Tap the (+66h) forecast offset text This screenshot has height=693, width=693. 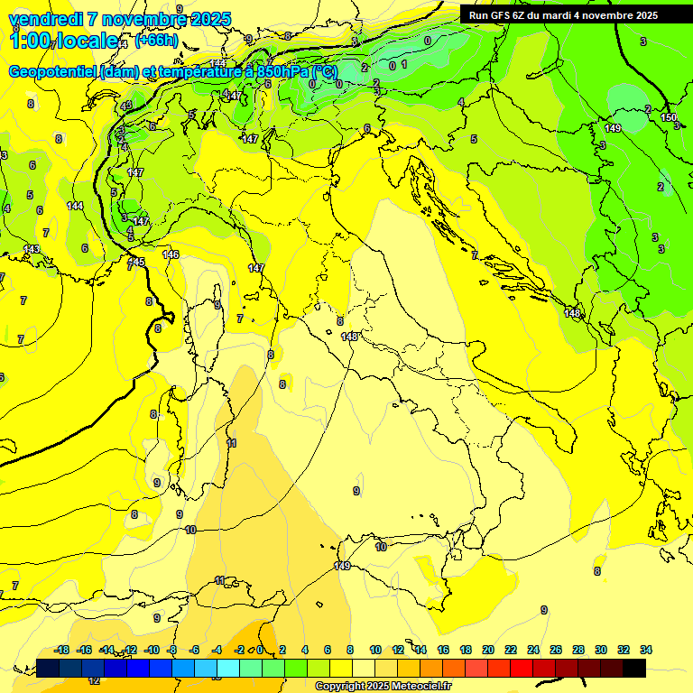tap(156, 41)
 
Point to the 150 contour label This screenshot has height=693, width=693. tap(668, 118)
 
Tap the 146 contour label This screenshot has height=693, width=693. tap(171, 254)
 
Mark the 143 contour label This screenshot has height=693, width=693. tap(32, 249)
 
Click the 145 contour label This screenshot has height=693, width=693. tap(136, 262)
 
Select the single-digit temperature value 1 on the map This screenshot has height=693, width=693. tap(404, 64)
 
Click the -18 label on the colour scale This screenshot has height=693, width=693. tap(62, 650)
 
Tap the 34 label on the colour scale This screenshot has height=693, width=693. tap(645, 650)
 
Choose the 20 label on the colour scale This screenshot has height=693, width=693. tap(488, 650)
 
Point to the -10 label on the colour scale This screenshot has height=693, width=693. tap(152, 650)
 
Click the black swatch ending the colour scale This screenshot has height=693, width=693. tap(634, 668)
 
